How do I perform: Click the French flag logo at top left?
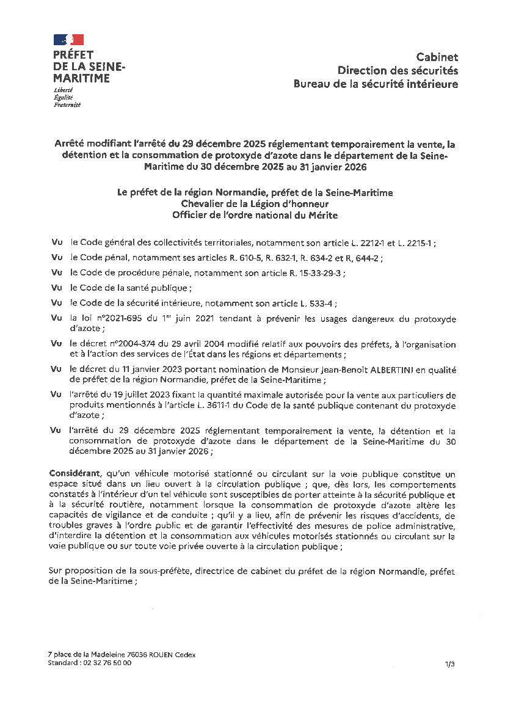[68, 40]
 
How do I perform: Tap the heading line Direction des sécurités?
[398, 70]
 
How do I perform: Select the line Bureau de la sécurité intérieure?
[376, 84]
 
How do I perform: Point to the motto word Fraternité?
[67, 104]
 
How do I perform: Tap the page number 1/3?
[450, 664]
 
